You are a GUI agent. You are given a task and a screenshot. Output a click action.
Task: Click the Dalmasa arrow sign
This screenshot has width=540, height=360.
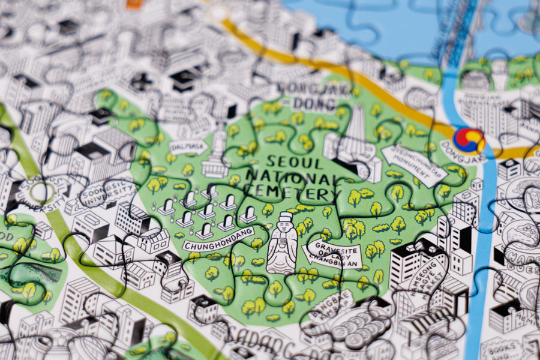point(188,146)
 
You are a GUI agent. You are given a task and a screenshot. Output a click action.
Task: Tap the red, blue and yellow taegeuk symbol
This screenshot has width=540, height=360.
point(469,139)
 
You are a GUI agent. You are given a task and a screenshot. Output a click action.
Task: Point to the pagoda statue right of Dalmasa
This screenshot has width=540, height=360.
point(217,155)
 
